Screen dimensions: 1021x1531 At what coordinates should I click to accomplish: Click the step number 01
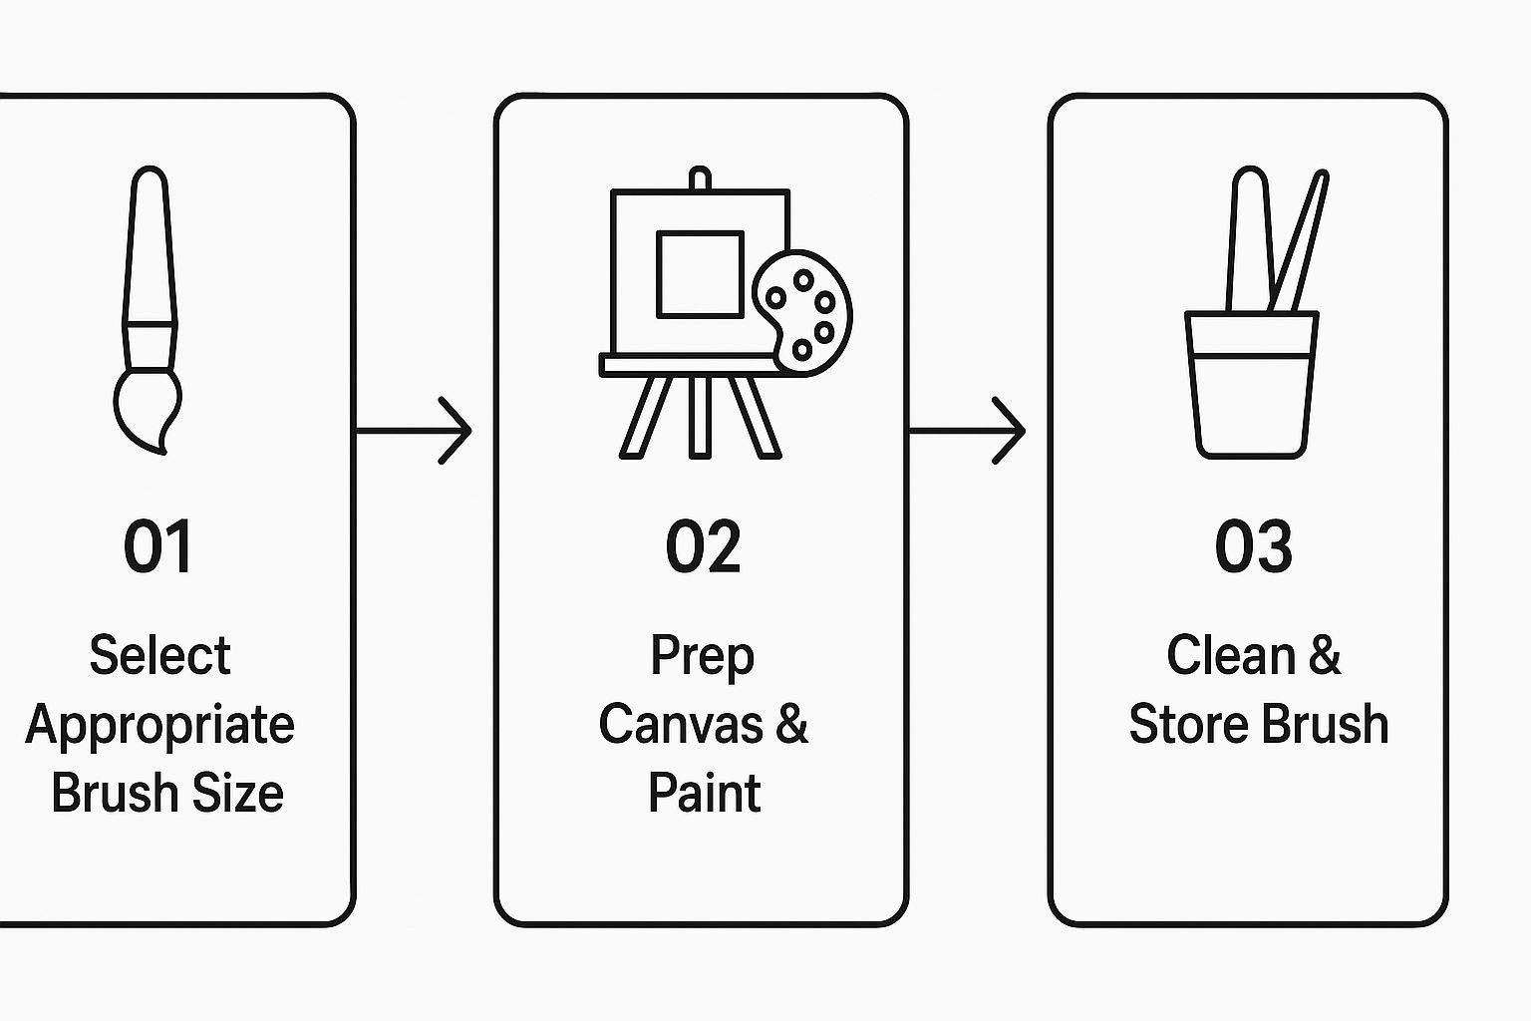[157, 546]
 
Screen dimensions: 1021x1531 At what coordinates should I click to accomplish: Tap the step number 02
[703, 546]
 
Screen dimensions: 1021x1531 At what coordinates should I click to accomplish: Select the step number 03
[1253, 546]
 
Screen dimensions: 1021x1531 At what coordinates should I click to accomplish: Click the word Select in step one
[159, 655]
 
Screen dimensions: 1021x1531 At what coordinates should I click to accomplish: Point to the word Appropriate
[159, 725]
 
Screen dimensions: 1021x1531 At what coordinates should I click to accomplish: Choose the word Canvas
[680, 724]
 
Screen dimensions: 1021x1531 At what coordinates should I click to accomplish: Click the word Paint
[704, 794]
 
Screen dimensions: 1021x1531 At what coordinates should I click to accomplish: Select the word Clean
[1229, 655]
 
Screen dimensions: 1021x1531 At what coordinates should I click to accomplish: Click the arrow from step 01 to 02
[414, 431]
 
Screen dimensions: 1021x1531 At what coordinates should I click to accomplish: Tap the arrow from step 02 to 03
[967, 431]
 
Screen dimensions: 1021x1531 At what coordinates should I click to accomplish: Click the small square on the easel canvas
[699, 274]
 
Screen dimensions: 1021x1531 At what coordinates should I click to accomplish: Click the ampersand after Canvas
[790, 724]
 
